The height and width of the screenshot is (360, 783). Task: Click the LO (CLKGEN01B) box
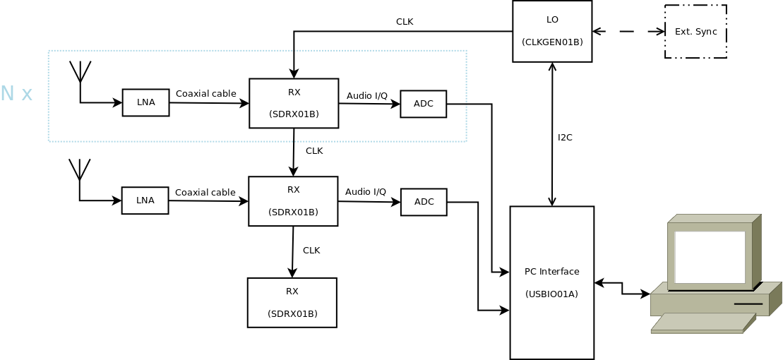tap(552, 31)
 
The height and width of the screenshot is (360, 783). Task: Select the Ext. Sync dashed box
tap(695, 32)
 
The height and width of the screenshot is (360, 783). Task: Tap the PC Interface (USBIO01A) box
tap(552, 282)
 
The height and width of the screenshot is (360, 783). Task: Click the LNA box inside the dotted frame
tap(145, 102)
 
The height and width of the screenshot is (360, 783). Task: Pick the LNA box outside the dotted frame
tap(145, 200)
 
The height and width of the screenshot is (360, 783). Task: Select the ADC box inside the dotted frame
tap(424, 104)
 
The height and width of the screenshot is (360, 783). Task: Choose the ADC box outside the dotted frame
tap(424, 202)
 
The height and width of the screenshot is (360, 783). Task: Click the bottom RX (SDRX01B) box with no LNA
tap(292, 303)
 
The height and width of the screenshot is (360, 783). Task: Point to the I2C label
tap(565, 138)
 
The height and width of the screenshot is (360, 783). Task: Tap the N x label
tap(16, 94)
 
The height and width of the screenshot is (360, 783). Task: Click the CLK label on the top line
tap(405, 22)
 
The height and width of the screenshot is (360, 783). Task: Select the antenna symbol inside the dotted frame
tap(80, 73)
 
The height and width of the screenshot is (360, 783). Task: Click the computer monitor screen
tap(710, 256)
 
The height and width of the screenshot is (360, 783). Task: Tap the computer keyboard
tap(703, 323)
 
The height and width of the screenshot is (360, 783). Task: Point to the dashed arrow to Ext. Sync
tap(628, 31)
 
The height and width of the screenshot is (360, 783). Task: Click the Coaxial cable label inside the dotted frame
tap(205, 94)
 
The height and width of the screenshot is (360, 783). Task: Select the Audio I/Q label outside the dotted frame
tap(366, 192)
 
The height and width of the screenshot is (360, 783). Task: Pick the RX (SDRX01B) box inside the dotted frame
tap(294, 103)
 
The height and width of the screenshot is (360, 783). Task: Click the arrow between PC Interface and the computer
tap(622, 288)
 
